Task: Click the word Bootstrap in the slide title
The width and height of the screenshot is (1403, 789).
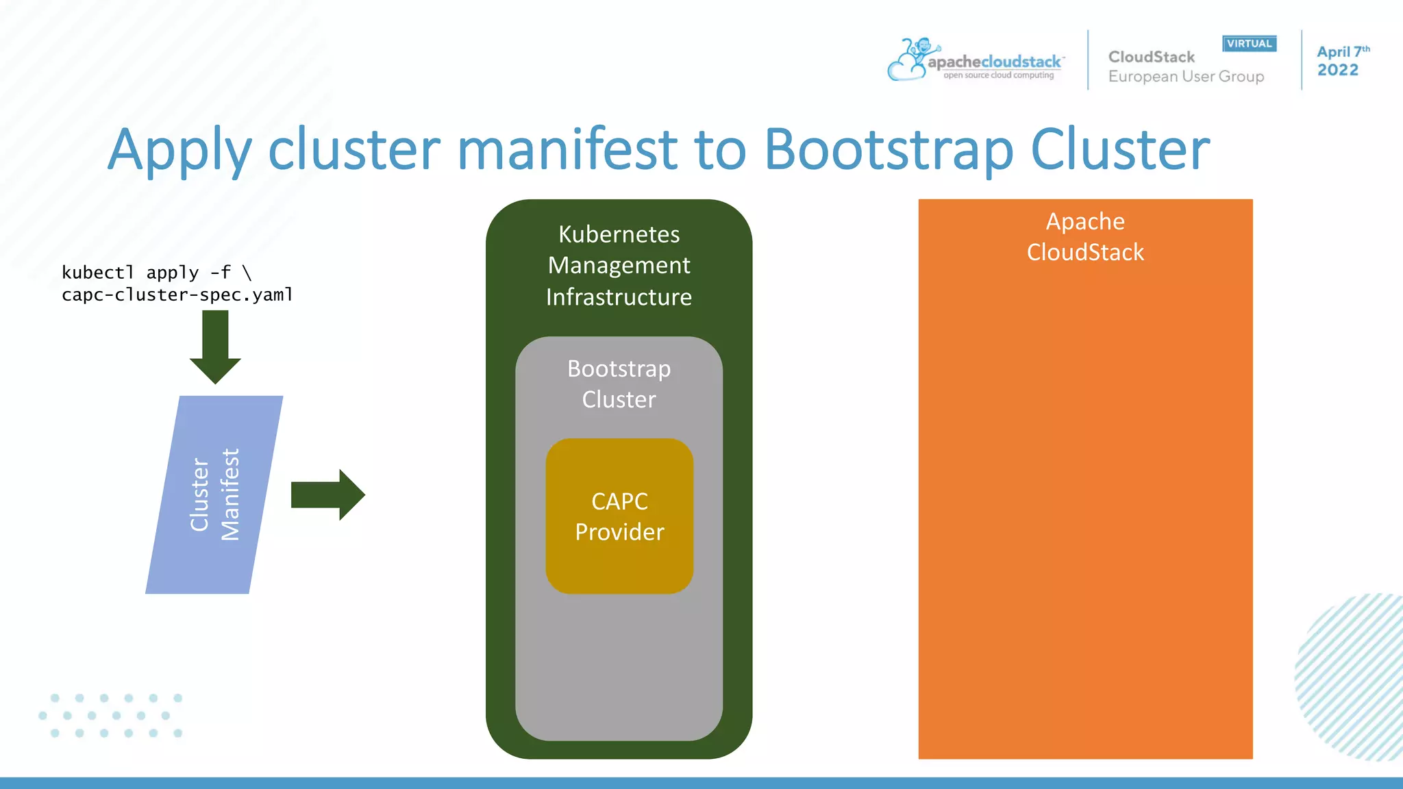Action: click(x=888, y=149)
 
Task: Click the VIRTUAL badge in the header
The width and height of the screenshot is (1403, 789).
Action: click(x=1249, y=44)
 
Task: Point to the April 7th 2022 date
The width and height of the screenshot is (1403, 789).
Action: click(x=1341, y=61)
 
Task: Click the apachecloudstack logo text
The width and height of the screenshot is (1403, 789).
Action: click(x=994, y=62)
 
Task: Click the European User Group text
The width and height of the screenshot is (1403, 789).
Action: click(x=1186, y=77)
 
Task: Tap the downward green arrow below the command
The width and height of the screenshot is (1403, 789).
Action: click(x=215, y=347)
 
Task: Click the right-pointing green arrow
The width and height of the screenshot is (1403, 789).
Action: click(x=327, y=494)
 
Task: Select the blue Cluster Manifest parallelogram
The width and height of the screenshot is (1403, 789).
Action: click(x=214, y=494)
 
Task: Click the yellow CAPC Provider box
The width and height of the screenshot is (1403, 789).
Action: click(x=619, y=516)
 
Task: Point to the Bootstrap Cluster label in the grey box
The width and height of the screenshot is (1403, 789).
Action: click(x=619, y=384)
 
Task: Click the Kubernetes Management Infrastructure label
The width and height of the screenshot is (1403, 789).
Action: click(x=619, y=265)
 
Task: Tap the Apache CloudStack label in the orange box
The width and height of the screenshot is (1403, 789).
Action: click(x=1085, y=236)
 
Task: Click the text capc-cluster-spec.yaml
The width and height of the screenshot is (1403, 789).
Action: click(x=177, y=295)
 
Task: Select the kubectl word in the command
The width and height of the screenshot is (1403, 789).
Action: click(x=97, y=273)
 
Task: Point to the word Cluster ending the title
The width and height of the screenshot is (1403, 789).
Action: click(x=1119, y=149)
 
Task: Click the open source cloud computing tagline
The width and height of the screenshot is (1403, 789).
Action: click(x=998, y=75)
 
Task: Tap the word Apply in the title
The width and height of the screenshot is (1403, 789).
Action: click(x=179, y=149)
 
